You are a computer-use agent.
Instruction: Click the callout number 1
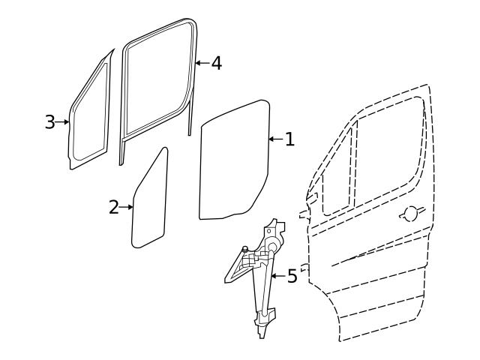[x=289, y=139]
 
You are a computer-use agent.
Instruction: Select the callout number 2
[x=114, y=207]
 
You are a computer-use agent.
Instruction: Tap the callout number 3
[x=50, y=121]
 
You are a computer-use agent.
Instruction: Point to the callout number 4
[x=217, y=63]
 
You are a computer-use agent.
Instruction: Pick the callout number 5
[x=292, y=276]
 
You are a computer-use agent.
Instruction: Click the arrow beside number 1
[x=276, y=139]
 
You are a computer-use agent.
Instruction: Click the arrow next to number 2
[x=126, y=207]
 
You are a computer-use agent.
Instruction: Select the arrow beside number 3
[x=62, y=121]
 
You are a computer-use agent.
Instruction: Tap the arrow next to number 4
[x=202, y=63]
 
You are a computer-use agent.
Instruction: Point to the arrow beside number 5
[x=278, y=276]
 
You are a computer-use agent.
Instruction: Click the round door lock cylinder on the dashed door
[x=411, y=213]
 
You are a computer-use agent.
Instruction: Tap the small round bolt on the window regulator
[x=245, y=248]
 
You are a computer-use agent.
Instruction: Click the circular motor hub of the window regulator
[x=272, y=246]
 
